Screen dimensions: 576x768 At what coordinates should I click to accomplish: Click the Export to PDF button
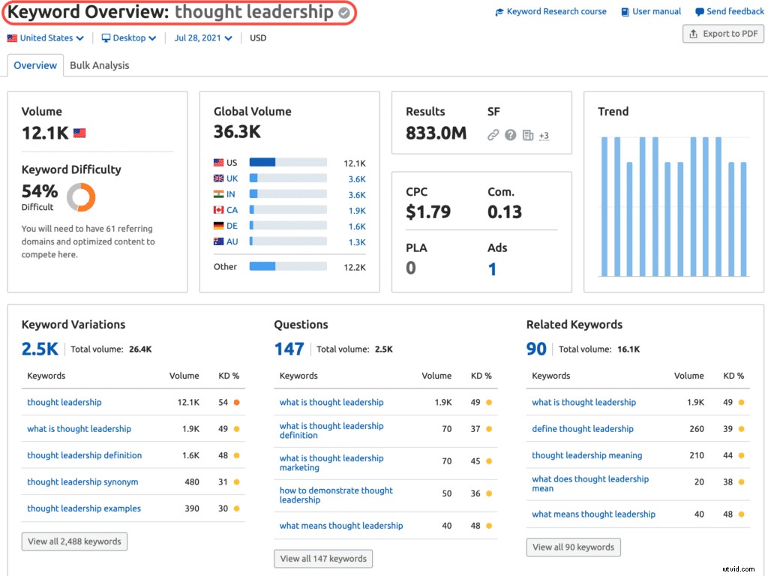click(723, 34)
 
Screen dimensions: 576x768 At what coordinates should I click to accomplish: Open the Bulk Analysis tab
click(99, 65)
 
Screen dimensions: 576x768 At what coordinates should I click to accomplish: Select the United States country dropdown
click(46, 38)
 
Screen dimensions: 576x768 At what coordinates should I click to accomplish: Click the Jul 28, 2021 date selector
click(202, 38)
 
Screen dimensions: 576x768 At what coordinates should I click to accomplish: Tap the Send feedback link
click(730, 12)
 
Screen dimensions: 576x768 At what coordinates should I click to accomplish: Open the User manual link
click(651, 12)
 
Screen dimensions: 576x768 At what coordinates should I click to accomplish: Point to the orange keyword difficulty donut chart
click(81, 197)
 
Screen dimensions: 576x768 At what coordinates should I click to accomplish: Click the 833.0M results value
click(436, 133)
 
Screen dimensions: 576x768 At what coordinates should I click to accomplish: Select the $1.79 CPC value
click(428, 212)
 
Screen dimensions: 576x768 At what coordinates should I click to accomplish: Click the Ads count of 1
click(492, 269)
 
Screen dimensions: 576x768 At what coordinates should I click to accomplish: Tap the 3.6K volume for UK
click(356, 179)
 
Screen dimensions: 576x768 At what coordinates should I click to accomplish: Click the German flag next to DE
click(219, 226)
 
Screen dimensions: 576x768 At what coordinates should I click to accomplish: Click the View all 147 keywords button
click(323, 559)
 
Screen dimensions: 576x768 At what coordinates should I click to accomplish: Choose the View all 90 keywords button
click(573, 547)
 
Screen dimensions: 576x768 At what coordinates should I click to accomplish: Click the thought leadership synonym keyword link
click(82, 482)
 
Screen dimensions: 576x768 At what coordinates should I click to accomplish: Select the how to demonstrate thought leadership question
click(336, 495)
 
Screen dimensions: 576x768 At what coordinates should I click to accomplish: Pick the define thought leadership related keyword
click(582, 429)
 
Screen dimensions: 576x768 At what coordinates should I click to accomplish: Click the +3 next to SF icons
click(544, 136)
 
